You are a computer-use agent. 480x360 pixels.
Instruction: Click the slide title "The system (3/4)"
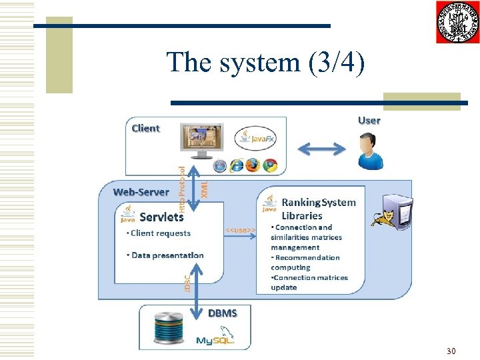(265, 63)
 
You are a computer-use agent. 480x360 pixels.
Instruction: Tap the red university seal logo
(457, 22)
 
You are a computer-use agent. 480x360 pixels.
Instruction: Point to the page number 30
(451, 351)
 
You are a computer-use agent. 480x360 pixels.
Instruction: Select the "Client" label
(145, 128)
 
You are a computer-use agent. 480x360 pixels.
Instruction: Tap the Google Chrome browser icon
(269, 165)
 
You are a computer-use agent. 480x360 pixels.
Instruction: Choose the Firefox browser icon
(253, 165)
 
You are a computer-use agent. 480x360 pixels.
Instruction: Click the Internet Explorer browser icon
(236, 165)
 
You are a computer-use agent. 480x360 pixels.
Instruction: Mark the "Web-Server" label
(141, 192)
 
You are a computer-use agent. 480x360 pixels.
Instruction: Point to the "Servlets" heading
(161, 217)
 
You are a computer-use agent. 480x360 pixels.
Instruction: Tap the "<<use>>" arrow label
(240, 230)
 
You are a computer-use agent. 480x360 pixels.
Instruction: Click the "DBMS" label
(222, 313)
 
